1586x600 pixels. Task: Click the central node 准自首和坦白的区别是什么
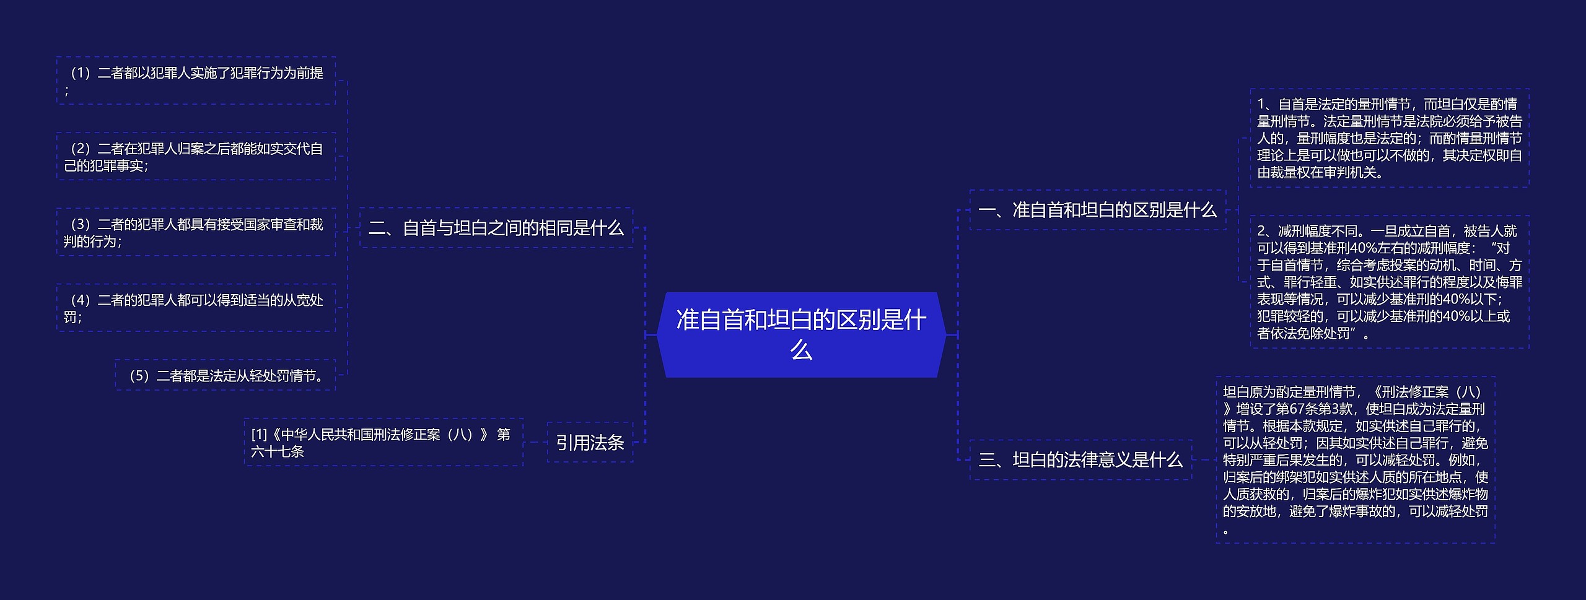pos(801,334)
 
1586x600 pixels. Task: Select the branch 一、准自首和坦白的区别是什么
pos(1097,210)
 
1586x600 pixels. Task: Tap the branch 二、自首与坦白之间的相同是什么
pos(496,228)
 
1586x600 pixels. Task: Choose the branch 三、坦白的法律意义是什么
pos(1080,459)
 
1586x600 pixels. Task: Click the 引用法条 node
pos(590,442)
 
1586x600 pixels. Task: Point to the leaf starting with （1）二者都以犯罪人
pos(196,80)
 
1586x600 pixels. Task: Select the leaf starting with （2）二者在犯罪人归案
pos(196,157)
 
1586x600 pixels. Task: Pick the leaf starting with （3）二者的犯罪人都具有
pos(196,232)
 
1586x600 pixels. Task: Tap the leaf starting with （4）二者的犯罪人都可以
pos(196,308)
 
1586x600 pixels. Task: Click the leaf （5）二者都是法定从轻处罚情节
pos(225,375)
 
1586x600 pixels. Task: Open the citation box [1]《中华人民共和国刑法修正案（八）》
pos(383,442)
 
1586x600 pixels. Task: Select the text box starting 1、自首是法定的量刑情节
pos(1389,137)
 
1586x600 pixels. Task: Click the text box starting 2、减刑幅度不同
pos(1389,282)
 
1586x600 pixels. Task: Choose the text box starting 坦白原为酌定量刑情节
pos(1355,459)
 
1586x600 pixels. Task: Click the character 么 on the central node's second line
pos(801,350)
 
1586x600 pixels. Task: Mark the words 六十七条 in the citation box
pos(278,451)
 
